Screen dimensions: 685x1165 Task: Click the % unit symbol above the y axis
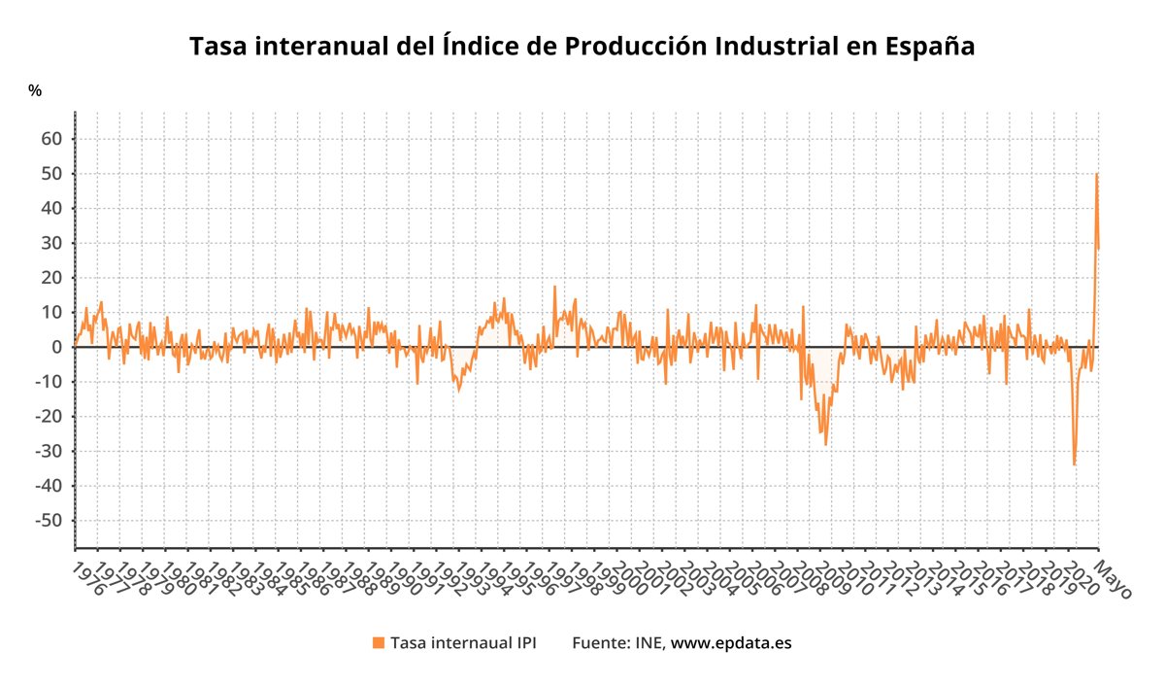[x=35, y=90]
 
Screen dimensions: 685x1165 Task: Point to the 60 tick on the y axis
[x=50, y=139]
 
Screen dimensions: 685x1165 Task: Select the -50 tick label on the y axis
[x=48, y=521]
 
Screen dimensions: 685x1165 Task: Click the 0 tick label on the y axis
[x=56, y=347]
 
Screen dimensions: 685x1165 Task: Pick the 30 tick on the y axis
[x=50, y=243]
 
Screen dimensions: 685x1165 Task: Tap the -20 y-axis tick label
[x=48, y=417]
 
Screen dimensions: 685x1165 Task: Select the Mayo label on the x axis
[x=1113, y=577]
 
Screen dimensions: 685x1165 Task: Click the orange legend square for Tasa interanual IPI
[x=379, y=642]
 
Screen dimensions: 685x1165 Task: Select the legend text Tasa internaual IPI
[x=462, y=642]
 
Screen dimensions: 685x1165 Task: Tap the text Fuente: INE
[x=616, y=642]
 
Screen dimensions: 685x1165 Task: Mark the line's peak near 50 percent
[x=1096, y=174]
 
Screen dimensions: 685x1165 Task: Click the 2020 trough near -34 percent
[x=1074, y=464]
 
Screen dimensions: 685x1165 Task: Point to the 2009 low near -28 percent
[x=826, y=444]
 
